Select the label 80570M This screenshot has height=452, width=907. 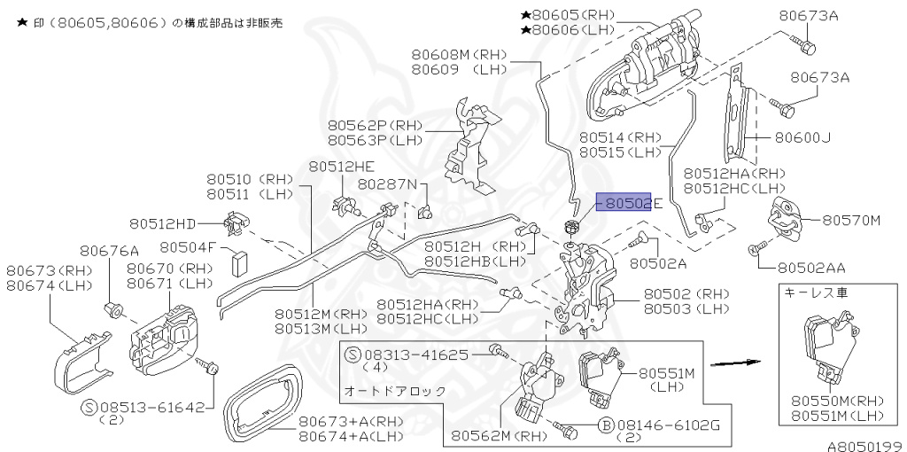pos(851,220)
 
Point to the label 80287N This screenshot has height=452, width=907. pos(386,184)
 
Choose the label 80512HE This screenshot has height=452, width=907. pos(341,167)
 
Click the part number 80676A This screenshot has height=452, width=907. pos(110,251)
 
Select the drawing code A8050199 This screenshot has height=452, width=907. pos(864,445)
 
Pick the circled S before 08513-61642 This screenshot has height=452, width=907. pos(89,408)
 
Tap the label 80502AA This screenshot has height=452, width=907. pos(812,266)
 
